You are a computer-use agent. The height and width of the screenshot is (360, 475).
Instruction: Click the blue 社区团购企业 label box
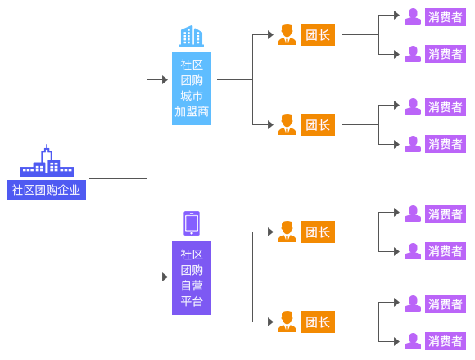click(x=46, y=190)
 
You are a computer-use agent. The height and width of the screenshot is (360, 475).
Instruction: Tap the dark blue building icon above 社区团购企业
click(x=47, y=160)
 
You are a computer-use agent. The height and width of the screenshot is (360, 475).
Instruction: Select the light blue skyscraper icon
click(x=192, y=36)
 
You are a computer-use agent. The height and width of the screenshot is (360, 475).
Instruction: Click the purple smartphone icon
click(x=192, y=223)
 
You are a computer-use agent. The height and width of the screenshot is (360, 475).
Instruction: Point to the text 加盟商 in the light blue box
click(x=192, y=111)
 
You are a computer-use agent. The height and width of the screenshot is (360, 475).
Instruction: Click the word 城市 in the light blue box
click(x=192, y=96)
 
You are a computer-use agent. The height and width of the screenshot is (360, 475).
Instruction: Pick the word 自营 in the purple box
click(x=192, y=286)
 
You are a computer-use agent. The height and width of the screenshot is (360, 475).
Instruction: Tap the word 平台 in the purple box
click(x=192, y=301)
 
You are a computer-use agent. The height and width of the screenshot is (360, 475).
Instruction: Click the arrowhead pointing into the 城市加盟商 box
click(x=165, y=80)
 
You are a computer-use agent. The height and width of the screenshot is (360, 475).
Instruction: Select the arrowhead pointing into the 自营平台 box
click(x=165, y=277)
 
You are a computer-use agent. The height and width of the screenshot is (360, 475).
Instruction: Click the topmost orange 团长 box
click(x=318, y=35)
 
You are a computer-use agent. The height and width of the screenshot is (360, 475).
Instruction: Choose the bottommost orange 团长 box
click(x=318, y=322)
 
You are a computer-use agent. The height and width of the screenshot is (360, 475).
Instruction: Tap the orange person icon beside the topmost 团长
click(x=287, y=34)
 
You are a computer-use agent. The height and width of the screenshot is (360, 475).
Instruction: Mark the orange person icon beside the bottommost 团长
click(x=287, y=322)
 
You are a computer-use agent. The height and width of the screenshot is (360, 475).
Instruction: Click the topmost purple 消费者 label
click(x=445, y=17)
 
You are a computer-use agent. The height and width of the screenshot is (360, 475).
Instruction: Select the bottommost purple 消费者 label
click(x=445, y=341)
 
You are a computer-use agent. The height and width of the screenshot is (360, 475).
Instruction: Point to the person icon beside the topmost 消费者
click(x=413, y=16)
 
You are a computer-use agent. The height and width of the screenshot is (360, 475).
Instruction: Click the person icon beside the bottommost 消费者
click(x=413, y=341)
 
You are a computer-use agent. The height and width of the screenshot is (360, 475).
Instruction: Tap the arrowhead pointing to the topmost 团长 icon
click(x=270, y=35)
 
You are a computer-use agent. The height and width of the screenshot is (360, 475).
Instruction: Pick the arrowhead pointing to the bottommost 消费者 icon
click(x=396, y=342)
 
